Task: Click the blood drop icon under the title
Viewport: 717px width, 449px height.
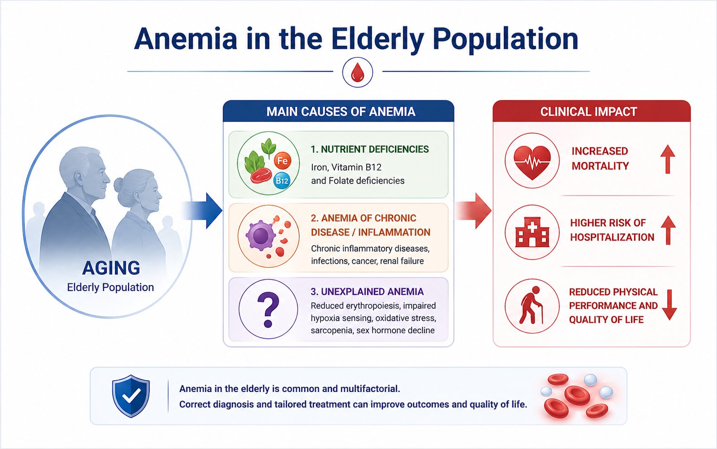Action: [358, 72]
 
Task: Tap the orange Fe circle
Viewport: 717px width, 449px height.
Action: [282, 161]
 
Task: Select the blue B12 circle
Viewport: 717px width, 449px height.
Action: [282, 181]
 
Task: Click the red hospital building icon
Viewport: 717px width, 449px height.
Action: [532, 232]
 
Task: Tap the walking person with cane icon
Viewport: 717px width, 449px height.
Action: [531, 305]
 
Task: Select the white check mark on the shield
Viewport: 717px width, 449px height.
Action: [131, 396]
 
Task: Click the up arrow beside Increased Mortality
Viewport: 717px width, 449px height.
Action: [668, 159]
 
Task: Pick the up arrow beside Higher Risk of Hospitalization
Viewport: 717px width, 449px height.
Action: [668, 230]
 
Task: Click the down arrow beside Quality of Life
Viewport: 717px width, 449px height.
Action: [669, 305]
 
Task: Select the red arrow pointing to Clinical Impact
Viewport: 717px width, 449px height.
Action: [473, 211]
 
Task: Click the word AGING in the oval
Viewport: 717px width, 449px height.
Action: [111, 268]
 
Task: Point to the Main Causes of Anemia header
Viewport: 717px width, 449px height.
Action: [341, 112]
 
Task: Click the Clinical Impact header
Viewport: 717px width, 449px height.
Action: [588, 112]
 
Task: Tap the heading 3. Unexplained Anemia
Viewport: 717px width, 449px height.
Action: [367, 292]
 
